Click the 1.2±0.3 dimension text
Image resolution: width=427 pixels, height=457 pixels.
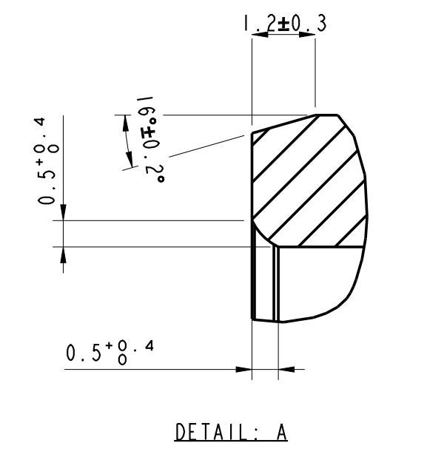pos(285,24)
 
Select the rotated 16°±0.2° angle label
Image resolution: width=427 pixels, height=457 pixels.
pos(150,139)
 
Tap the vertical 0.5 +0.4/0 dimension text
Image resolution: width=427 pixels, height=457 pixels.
pos(46,161)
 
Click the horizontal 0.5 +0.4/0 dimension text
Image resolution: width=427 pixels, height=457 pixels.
pos(110,352)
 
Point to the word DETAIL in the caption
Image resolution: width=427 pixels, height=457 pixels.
pos(211,432)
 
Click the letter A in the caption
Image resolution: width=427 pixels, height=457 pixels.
pos(281,432)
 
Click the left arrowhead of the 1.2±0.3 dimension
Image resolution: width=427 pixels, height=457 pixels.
pos(260,35)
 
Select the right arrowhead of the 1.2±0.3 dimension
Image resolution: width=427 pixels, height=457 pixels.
pos(307,35)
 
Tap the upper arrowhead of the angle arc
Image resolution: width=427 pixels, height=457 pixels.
pos(126,123)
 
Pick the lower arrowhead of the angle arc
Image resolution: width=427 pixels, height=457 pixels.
pos(130,160)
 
